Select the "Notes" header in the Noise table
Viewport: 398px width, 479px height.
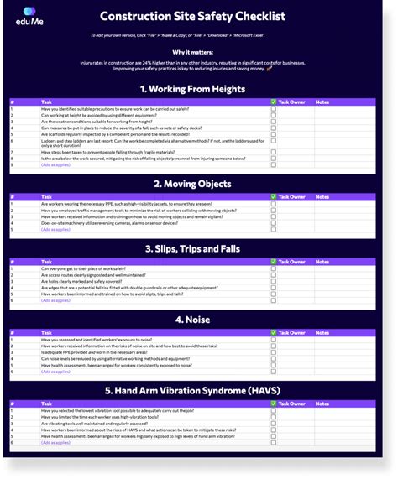click(x=322, y=332)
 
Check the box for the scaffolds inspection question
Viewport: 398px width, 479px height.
click(x=274, y=133)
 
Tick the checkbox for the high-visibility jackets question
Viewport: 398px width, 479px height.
click(x=274, y=204)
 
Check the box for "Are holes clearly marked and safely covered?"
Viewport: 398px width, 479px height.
click(x=274, y=281)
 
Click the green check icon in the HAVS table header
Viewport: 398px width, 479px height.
click(x=274, y=404)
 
